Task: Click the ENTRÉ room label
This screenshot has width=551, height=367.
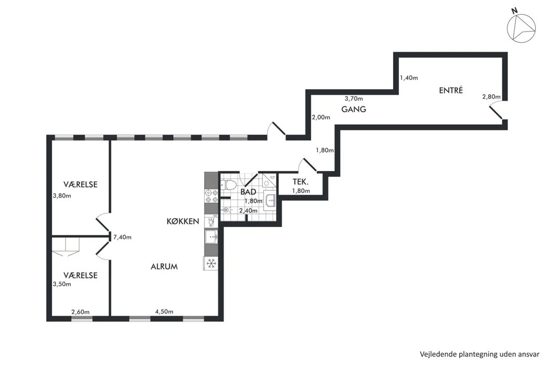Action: coord(451,90)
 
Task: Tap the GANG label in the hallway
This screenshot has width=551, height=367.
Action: coord(354,109)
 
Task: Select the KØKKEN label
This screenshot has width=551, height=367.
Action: coord(183,221)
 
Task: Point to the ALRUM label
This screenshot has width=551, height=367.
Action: coord(164,266)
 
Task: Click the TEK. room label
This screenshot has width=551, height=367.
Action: coord(301,182)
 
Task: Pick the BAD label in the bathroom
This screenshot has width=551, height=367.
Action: coord(248,192)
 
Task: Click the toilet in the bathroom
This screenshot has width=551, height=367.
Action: coord(228,185)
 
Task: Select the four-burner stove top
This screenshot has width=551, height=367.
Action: coord(211,196)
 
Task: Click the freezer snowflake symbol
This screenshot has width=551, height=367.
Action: coord(211,263)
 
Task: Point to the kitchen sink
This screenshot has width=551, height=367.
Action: coord(212,237)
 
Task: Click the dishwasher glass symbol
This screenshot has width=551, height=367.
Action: coord(211,222)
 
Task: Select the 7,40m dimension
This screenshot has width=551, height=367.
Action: coord(122,238)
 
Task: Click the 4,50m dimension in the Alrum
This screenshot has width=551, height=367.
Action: coord(164,311)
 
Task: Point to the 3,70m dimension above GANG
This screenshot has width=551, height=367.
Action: coord(354,99)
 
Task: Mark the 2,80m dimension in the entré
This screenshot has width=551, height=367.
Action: coord(491,96)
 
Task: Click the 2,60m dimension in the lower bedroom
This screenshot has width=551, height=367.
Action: coord(80,312)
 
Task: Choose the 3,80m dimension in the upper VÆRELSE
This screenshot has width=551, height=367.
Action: coord(62,196)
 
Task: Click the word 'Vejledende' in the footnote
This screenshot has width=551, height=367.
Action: coord(438,354)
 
